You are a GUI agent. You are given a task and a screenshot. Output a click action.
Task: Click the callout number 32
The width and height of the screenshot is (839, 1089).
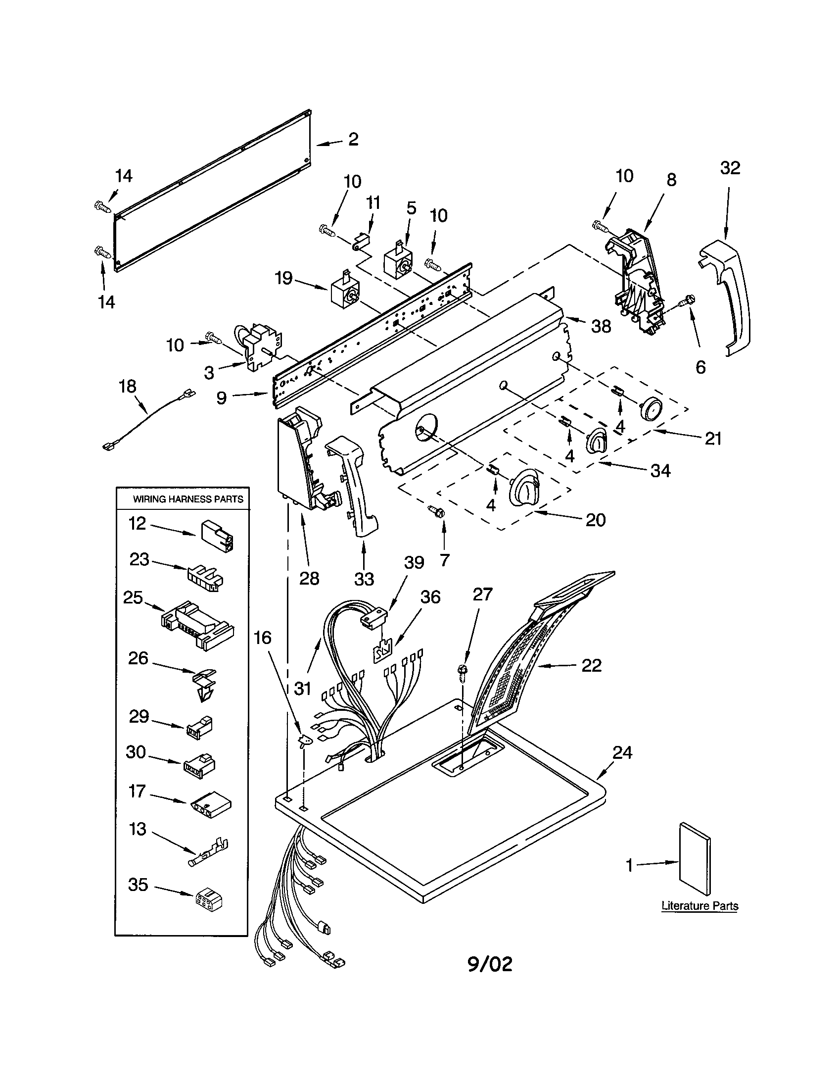[730, 168]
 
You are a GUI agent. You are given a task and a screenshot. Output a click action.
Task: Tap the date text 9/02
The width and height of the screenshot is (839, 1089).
[490, 964]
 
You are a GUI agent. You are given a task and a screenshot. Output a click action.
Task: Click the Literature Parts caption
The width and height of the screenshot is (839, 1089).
[699, 906]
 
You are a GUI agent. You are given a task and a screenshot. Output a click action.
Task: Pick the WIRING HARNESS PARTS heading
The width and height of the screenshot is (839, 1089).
[188, 499]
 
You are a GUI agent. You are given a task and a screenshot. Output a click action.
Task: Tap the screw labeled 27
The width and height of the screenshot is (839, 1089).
[463, 672]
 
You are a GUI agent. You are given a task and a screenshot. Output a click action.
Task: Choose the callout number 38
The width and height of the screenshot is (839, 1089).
[601, 327]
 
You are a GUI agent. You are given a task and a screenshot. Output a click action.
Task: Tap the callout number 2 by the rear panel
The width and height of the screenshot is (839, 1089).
[353, 139]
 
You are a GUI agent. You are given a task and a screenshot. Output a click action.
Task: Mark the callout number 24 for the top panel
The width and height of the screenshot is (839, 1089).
[622, 752]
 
